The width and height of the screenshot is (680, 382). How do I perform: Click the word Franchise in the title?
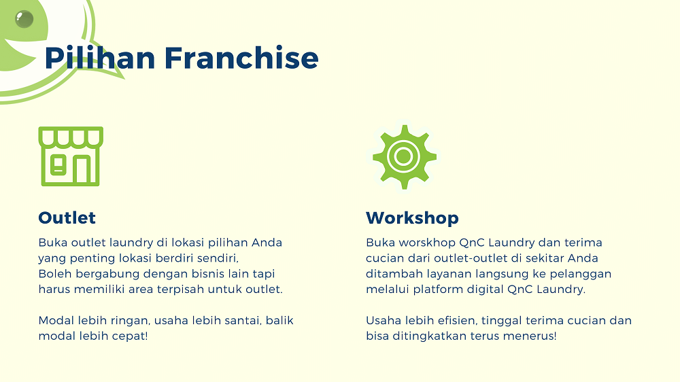pos(241,58)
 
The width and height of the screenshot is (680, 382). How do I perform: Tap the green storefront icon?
pos(71,156)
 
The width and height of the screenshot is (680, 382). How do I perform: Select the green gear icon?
pos(404,156)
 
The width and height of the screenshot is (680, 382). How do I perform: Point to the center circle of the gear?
pos(404,156)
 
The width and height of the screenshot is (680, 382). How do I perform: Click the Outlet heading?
pos(67,218)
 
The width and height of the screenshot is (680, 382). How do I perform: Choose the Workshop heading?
pos(412,218)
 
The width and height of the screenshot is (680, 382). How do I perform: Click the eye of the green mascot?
pos(24,19)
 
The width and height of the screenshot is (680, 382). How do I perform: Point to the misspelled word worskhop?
pos(421,243)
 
